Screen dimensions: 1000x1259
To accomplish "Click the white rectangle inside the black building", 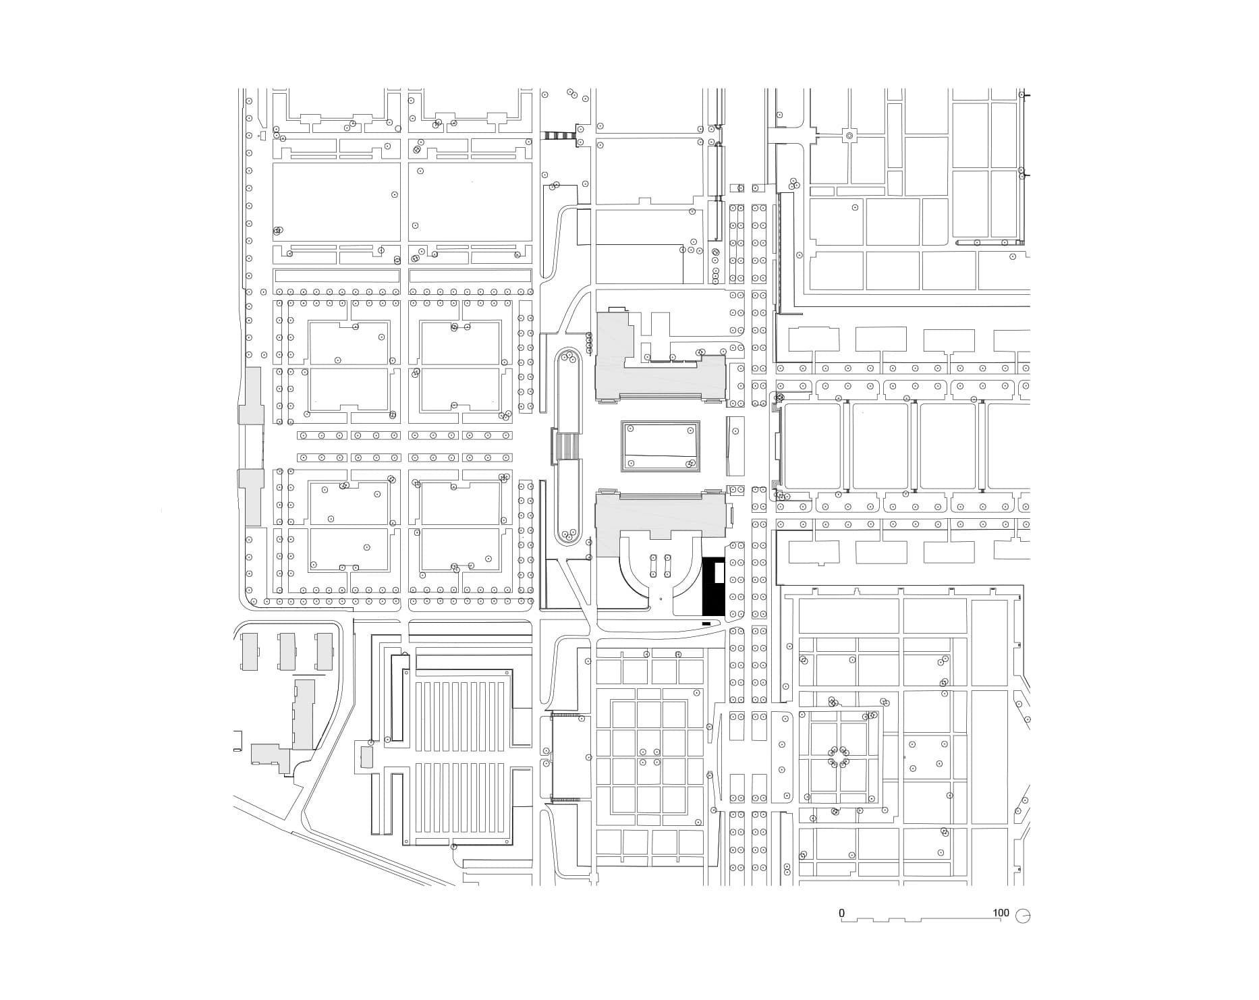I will [720, 573].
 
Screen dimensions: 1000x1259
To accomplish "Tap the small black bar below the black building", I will [706, 623].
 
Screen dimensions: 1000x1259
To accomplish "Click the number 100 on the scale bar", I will [1001, 913].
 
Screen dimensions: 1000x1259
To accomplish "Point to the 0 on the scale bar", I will [841, 913].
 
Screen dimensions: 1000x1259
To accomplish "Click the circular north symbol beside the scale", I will [1024, 916].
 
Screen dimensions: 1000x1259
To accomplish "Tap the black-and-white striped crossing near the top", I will [559, 136].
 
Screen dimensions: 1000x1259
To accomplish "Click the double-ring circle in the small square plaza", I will [849, 136].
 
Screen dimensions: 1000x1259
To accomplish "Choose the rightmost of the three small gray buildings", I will [325, 651].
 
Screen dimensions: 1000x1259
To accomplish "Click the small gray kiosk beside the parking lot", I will [366, 756].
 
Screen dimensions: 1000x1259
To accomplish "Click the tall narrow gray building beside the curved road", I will [304, 714].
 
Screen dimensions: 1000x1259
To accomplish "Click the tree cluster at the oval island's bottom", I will [569, 535].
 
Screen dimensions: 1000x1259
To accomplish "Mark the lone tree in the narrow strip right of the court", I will [735, 431].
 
